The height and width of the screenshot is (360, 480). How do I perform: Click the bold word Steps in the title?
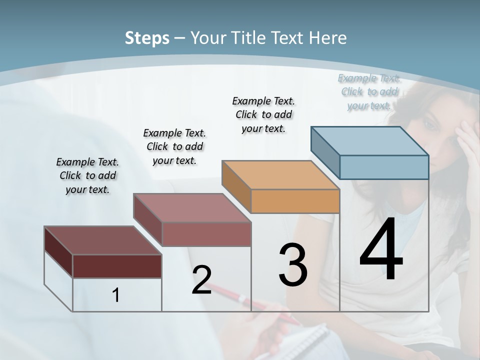click(x=147, y=38)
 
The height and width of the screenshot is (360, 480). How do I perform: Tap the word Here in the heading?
click(x=328, y=38)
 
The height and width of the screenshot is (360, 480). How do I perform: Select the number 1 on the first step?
click(x=116, y=295)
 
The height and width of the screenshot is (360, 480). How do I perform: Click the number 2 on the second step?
click(x=201, y=280)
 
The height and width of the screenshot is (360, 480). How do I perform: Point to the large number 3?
click(x=293, y=265)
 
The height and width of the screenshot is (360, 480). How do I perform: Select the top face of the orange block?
click(x=280, y=175)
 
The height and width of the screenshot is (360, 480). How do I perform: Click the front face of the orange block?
click(x=295, y=201)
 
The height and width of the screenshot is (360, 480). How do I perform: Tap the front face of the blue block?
click(x=384, y=167)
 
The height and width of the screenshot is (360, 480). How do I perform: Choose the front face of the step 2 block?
click(x=206, y=234)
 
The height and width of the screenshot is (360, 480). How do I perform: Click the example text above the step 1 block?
click(x=87, y=176)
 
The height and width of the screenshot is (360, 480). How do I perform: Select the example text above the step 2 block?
click(x=174, y=146)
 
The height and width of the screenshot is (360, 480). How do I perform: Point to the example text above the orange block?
click(x=263, y=114)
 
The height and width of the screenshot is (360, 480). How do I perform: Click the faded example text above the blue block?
click(x=369, y=91)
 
